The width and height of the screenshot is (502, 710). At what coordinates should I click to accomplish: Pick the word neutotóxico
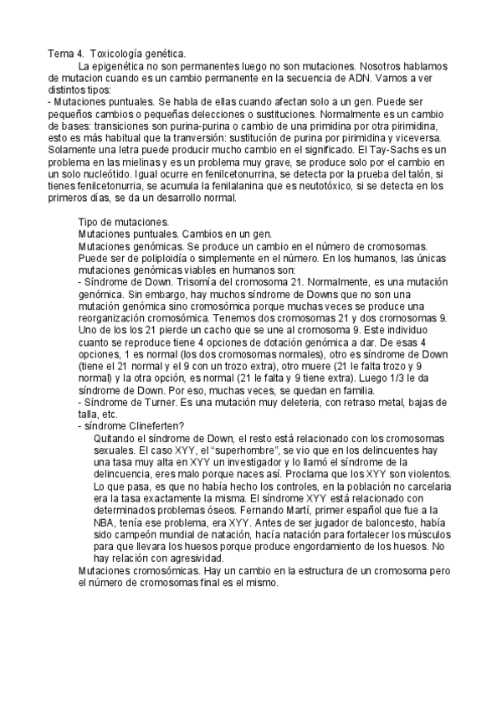pyautogui.click(x=343, y=188)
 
